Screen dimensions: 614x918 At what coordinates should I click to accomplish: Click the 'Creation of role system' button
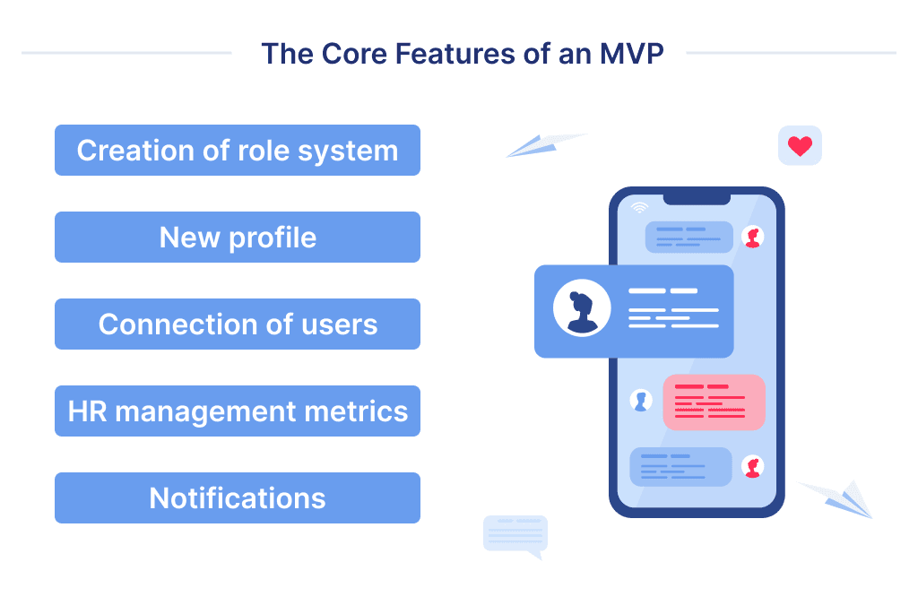point(238,151)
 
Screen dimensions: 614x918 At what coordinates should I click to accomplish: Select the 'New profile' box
point(238,238)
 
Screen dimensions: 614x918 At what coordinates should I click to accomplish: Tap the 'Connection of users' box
point(238,324)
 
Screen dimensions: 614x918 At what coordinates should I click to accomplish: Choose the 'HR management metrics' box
point(238,411)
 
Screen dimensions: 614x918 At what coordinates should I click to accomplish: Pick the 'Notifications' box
point(238,498)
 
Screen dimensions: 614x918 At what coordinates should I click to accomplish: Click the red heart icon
point(800,146)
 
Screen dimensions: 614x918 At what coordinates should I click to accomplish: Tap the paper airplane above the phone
point(544,145)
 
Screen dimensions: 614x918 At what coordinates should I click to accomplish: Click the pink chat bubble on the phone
point(714,402)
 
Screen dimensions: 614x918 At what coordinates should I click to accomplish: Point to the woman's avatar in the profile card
point(582,309)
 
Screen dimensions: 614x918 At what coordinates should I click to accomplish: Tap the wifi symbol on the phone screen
point(639,208)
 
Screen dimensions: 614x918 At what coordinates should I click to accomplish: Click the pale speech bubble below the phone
point(515,535)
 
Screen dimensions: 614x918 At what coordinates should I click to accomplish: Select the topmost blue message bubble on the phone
point(688,237)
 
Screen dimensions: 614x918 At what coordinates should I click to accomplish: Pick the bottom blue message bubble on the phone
point(681,467)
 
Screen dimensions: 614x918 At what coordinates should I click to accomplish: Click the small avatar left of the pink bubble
point(640,401)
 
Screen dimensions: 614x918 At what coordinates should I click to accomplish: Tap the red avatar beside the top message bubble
point(753,237)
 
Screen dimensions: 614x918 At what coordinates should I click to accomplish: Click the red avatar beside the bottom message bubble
point(753,467)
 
